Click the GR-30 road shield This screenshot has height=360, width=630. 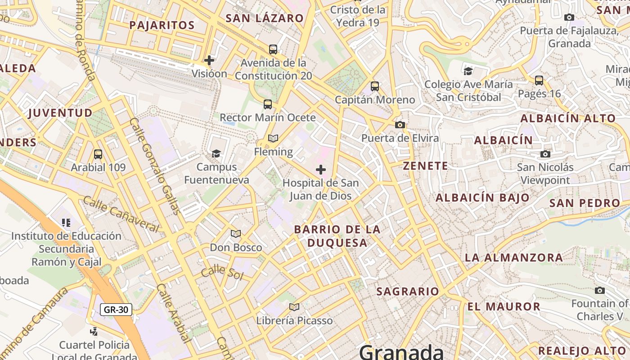point(116,310)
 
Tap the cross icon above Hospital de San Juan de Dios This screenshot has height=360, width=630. point(320,170)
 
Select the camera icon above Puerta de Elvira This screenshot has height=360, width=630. point(400,125)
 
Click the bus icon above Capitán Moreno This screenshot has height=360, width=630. point(374,86)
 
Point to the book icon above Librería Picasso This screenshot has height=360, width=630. point(294,307)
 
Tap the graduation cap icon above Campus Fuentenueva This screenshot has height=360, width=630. point(216,153)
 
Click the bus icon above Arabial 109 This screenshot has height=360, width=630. point(98,154)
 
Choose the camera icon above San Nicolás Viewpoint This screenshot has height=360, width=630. point(545,154)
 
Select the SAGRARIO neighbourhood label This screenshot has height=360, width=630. point(407,292)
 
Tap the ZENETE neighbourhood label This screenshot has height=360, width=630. point(425,166)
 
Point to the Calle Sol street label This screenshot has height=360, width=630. point(222,273)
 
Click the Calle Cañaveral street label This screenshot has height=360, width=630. point(121,214)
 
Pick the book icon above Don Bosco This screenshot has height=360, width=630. point(236,234)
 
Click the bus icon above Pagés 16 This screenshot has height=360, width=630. point(539,81)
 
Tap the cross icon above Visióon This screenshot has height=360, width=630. point(209,60)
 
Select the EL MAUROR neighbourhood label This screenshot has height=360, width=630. point(504,307)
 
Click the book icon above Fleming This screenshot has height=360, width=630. point(273,138)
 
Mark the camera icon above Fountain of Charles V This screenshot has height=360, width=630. point(600,290)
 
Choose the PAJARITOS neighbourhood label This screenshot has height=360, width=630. point(162,25)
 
